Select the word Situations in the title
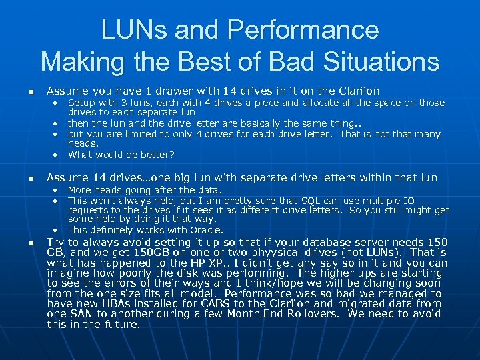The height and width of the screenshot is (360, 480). click(x=379, y=61)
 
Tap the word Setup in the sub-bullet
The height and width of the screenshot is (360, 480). click(x=81, y=103)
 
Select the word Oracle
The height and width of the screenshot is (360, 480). click(x=206, y=230)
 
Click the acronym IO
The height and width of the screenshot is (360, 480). click(x=408, y=200)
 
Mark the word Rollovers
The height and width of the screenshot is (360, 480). click(x=323, y=314)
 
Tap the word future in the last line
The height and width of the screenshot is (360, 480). click(x=123, y=325)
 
